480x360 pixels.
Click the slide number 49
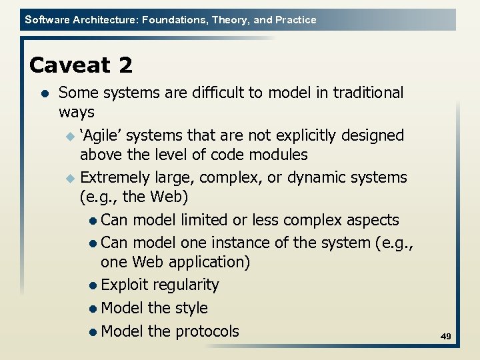pyautogui.click(x=446, y=337)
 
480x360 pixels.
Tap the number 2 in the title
pyautogui.click(x=126, y=65)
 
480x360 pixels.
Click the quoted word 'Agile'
pyautogui.click(x=101, y=135)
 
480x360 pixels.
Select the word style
pyautogui.click(x=191, y=308)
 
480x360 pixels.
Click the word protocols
pyautogui.click(x=207, y=331)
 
